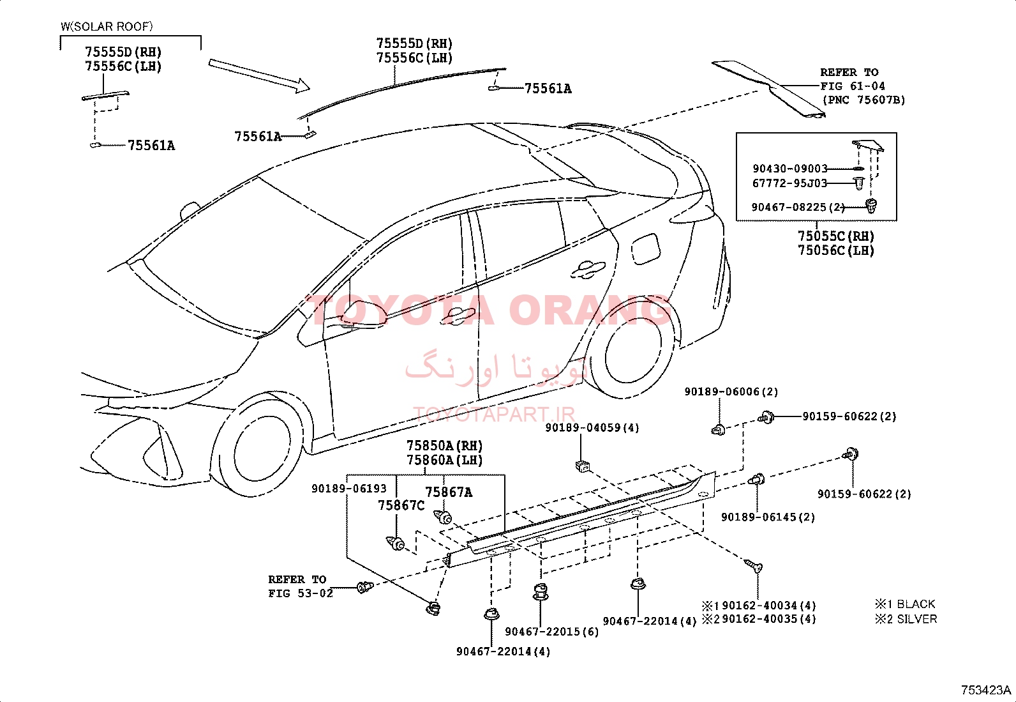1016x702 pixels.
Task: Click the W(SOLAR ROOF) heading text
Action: click(x=107, y=26)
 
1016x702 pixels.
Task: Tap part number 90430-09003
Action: click(x=790, y=169)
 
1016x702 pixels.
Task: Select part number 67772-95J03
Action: click(x=789, y=183)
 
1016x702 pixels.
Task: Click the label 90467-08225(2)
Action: click(x=798, y=207)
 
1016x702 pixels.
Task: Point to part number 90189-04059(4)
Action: click(x=592, y=428)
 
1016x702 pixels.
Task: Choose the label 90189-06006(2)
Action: click(x=731, y=392)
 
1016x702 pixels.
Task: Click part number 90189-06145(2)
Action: click(x=768, y=517)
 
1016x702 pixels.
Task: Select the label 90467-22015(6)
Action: click(x=552, y=632)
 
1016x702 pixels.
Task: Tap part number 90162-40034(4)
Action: click(x=769, y=606)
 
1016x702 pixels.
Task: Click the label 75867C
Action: click(x=401, y=505)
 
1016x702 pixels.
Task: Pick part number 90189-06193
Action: click(x=349, y=489)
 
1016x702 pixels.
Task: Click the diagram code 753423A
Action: click(x=985, y=691)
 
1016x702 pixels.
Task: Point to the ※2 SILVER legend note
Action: click(x=906, y=619)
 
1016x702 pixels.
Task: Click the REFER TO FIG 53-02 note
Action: click(x=300, y=586)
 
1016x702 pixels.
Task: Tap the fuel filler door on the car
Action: click(x=645, y=249)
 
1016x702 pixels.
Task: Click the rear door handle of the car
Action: click(x=588, y=270)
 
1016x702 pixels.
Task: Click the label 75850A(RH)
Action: click(x=444, y=445)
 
